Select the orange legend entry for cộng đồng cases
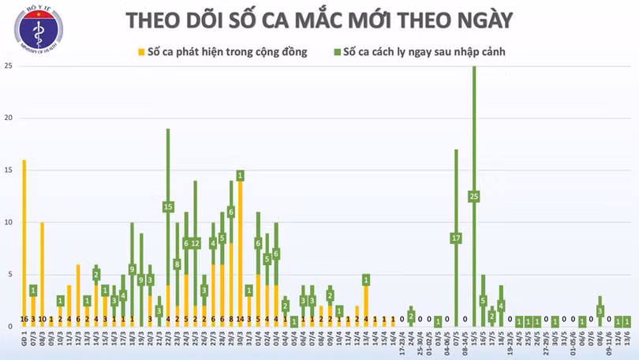pos(222,53)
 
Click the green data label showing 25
pos(474,196)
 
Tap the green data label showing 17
pos(456,238)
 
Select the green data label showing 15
pos(168,207)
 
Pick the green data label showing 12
pos(195,243)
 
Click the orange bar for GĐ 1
pos(24,237)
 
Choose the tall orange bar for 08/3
pos(42,268)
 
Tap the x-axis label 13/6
pos(627,338)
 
